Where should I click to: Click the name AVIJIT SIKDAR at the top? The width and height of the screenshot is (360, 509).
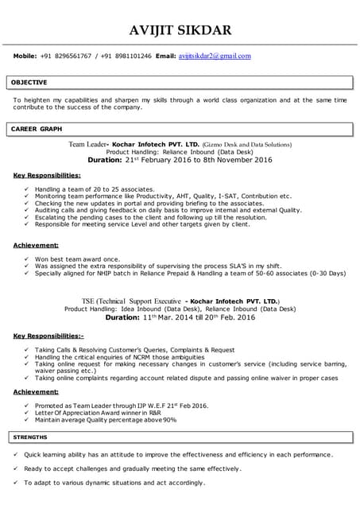(180, 30)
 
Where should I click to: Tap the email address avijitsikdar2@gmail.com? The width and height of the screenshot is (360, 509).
(215, 56)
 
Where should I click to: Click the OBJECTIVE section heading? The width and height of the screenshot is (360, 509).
(29, 82)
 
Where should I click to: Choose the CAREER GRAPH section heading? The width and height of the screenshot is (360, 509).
(36, 128)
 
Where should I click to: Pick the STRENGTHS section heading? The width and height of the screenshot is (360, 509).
(30, 437)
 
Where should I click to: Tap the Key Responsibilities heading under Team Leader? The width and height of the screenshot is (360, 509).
(47, 174)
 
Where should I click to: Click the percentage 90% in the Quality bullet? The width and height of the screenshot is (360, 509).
(169, 420)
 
